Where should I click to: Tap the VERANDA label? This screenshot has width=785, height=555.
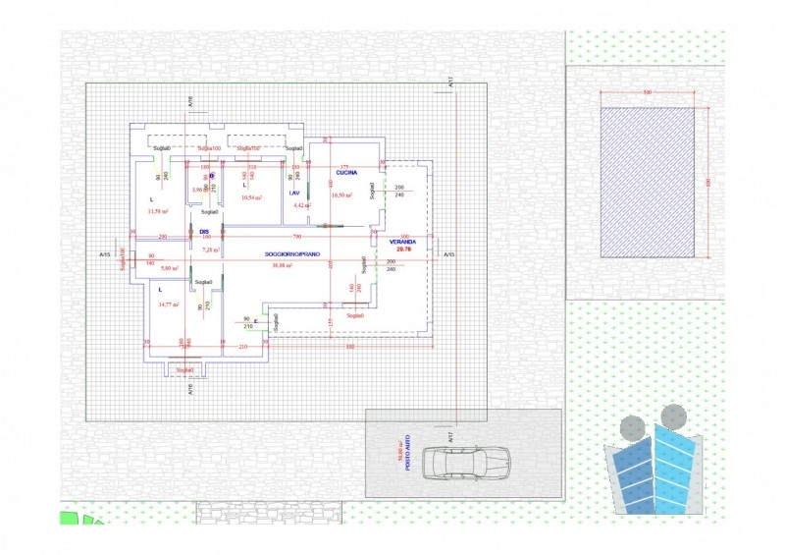point(402,241)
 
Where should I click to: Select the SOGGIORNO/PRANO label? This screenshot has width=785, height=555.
point(291,254)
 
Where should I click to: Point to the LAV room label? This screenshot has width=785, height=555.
point(293,193)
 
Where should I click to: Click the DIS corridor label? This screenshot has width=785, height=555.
point(204,232)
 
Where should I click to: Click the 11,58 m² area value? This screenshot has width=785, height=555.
point(157,211)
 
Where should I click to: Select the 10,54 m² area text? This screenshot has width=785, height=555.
point(252,197)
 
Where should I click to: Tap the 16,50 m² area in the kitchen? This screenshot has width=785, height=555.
point(341,194)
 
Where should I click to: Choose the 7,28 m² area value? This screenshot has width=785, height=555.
point(211,250)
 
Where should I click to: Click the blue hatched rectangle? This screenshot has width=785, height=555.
point(654,182)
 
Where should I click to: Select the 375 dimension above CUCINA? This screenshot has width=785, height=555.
point(344,167)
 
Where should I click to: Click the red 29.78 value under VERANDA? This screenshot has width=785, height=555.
point(402,250)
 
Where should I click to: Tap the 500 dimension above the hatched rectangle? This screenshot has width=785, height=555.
point(648,91)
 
